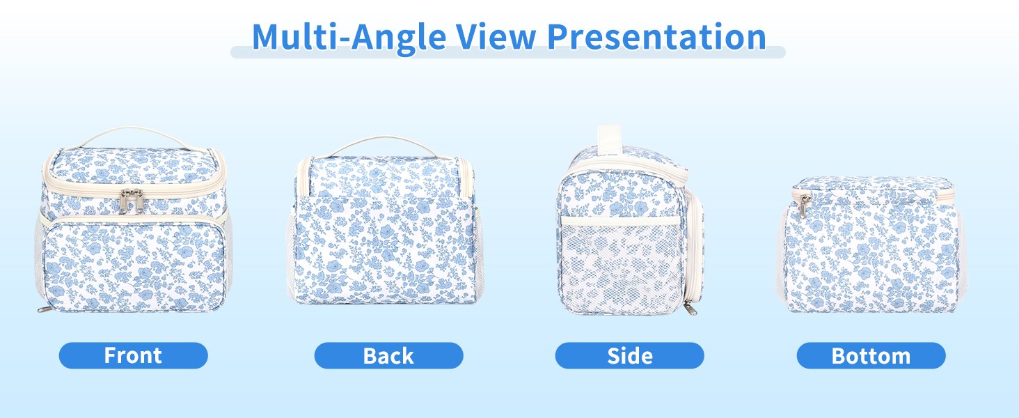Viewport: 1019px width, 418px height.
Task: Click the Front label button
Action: (x=133, y=355)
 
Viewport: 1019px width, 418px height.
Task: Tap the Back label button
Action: (x=388, y=355)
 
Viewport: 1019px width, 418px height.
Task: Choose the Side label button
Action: (x=629, y=355)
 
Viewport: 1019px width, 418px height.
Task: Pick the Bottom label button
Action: (x=871, y=355)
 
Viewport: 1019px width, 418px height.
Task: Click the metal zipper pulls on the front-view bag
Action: (x=132, y=201)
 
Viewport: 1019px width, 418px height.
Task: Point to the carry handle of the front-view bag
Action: (x=132, y=132)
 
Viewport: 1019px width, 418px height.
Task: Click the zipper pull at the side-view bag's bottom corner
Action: (x=690, y=307)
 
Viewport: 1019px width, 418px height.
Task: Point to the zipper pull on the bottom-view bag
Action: (x=803, y=206)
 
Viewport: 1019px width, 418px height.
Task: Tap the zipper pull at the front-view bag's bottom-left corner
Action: (x=43, y=308)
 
